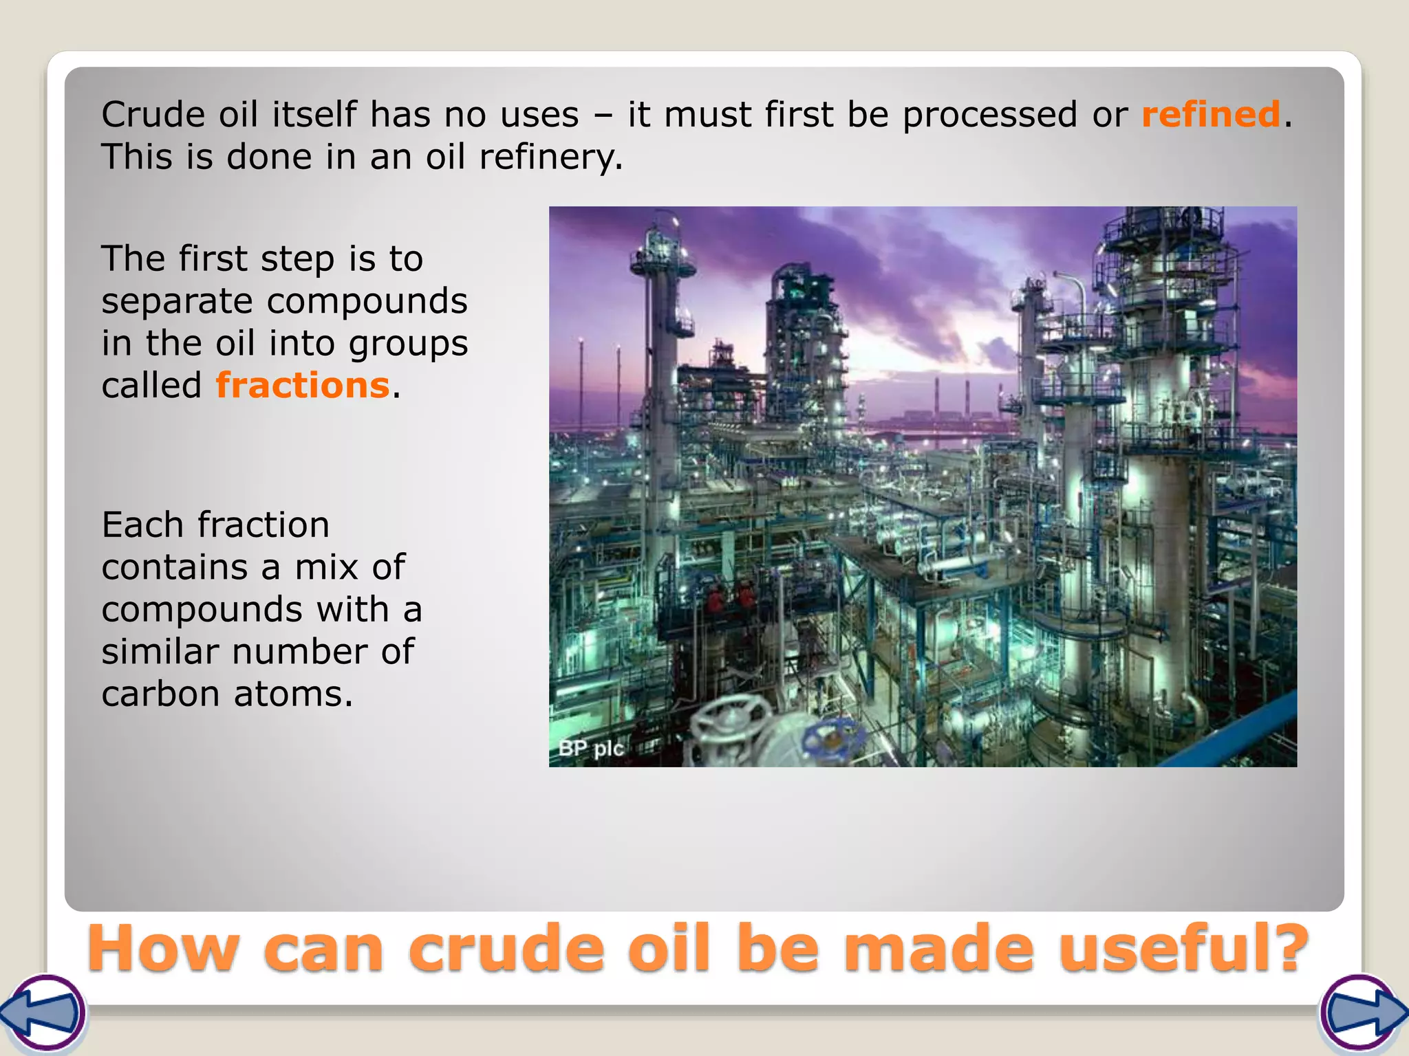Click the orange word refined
(x=1210, y=114)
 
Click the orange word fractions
(x=303, y=385)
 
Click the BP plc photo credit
(x=590, y=748)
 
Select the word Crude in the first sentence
(x=153, y=114)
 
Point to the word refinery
(x=550, y=157)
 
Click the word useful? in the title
(x=1183, y=949)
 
